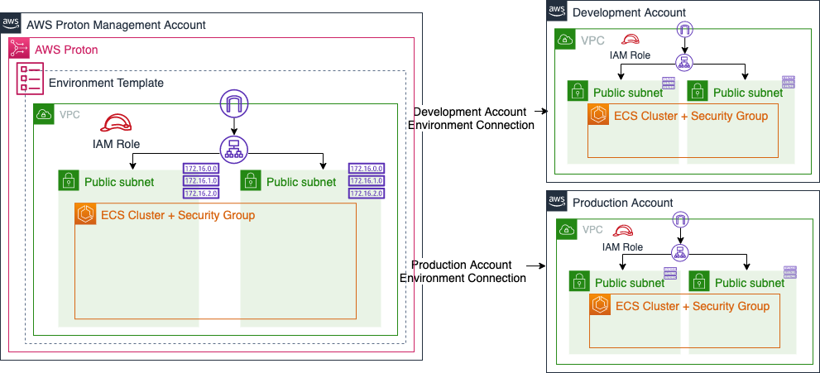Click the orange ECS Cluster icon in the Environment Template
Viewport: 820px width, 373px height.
[85, 215]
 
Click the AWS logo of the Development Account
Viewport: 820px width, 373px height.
[558, 12]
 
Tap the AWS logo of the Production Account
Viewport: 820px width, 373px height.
[558, 202]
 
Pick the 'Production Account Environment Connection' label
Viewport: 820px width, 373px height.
[464, 271]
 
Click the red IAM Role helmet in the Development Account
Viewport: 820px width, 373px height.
[631, 40]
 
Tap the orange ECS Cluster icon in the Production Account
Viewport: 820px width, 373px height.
[601, 306]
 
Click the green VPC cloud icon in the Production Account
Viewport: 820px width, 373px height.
[567, 230]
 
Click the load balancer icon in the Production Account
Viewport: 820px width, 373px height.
[680, 251]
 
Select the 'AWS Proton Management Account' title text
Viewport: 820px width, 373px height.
[116, 25]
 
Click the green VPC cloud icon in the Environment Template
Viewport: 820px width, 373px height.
[44, 114]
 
